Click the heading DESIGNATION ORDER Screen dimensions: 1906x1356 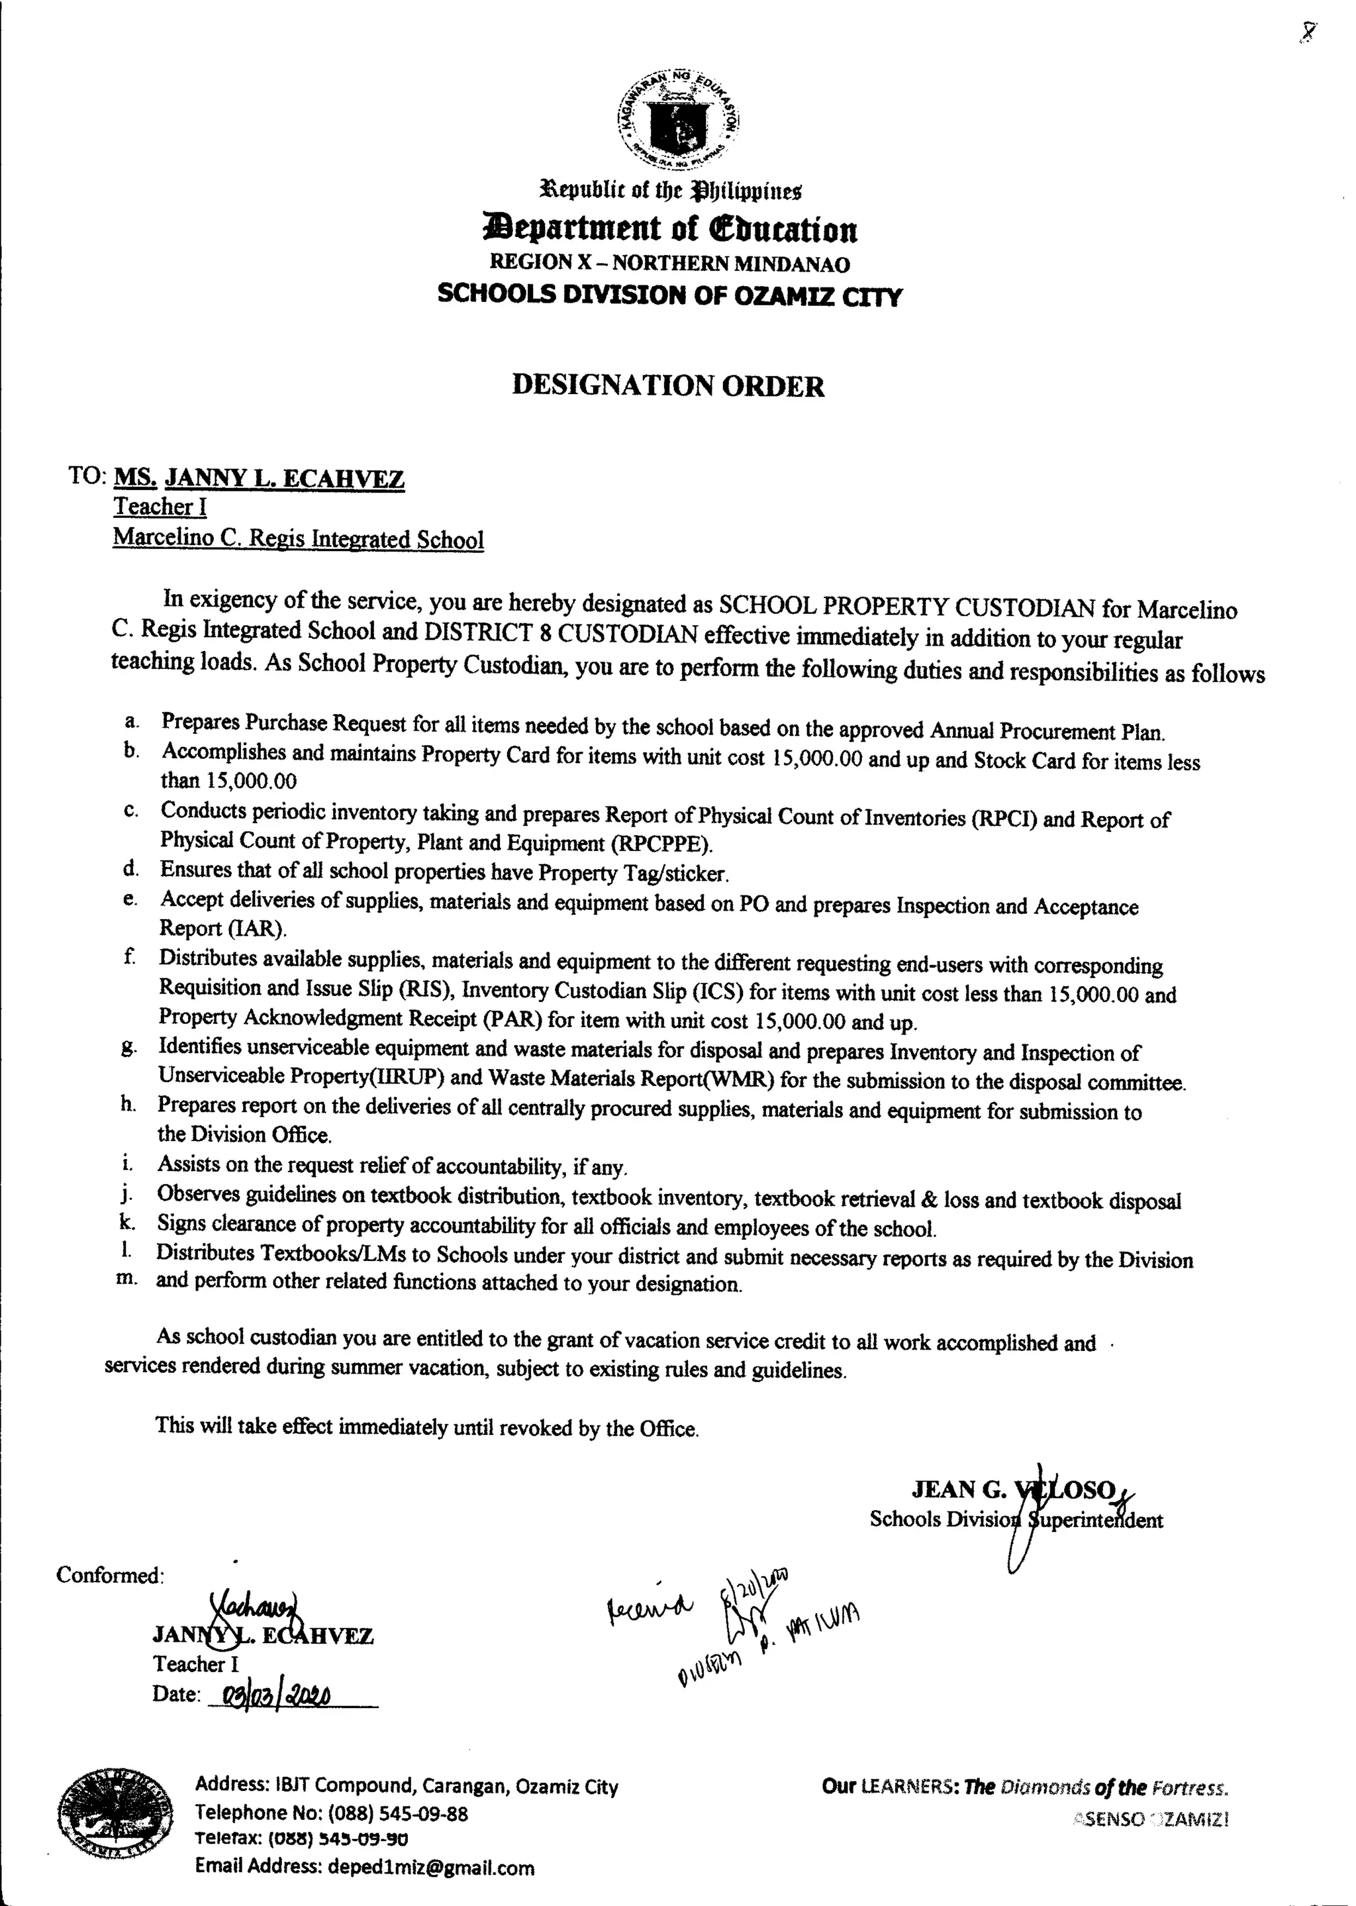[668, 386]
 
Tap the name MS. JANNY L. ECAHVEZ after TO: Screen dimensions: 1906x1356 [259, 479]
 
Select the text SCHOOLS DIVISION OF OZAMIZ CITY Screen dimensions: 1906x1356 [669, 295]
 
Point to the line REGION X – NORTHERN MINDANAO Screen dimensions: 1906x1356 [669, 264]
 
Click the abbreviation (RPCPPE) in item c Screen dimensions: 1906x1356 [661, 844]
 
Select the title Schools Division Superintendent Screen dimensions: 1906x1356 [1015, 1519]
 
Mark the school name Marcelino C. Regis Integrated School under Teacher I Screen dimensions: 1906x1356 [298, 538]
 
